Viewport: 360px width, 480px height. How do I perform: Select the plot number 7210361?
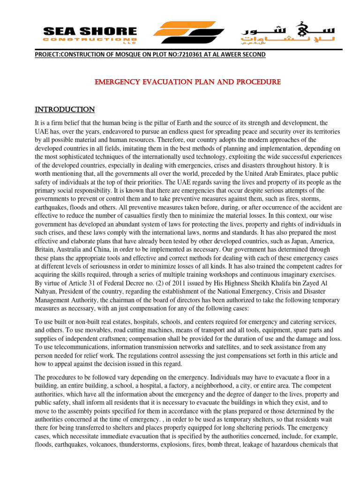pos(169,54)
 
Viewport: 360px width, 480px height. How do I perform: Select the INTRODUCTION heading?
pos(65,110)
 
